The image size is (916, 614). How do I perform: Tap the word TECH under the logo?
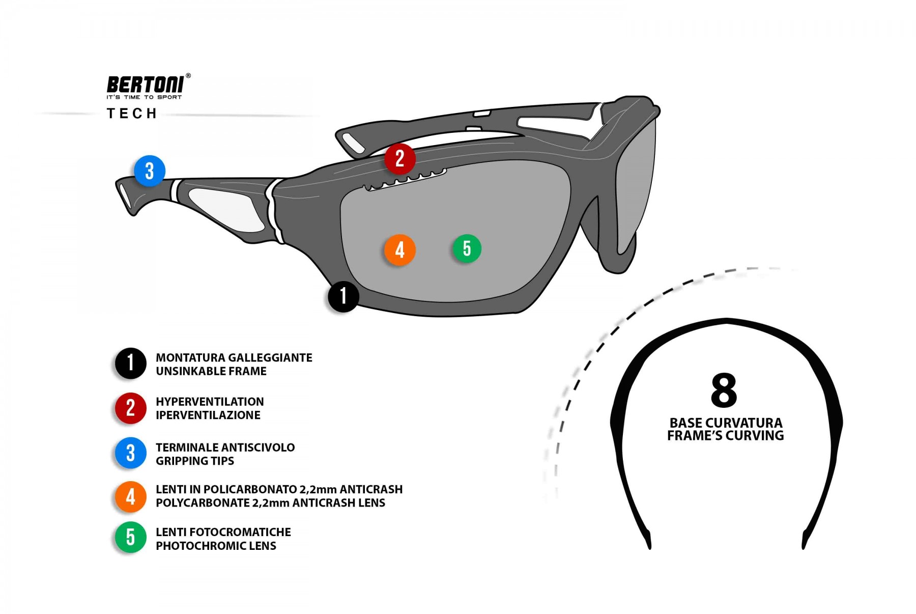click(x=132, y=114)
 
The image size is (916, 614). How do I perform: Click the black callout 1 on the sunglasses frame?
click(x=343, y=296)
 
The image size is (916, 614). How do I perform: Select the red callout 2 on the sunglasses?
click(x=399, y=158)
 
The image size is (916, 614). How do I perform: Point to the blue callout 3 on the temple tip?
click(x=149, y=171)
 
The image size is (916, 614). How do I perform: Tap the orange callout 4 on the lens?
click(x=399, y=250)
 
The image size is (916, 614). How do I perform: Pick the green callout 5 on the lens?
click(x=467, y=248)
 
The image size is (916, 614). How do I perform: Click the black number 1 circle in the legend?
click(x=130, y=363)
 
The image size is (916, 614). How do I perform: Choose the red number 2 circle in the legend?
click(x=130, y=408)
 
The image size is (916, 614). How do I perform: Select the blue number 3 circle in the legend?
click(x=130, y=453)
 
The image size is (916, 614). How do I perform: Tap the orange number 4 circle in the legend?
click(x=130, y=496)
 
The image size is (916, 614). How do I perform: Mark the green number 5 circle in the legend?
click(x=130, y=537)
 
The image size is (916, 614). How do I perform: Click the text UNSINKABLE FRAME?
click(x=211, y=371)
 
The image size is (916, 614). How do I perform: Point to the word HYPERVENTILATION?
click(x=210, y=402)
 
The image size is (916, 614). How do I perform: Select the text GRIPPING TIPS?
click(x=195, y=461)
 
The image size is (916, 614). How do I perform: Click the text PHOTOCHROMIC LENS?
click(x=216, y=546)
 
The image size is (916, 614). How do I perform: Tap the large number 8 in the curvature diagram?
click(x=724, y=390)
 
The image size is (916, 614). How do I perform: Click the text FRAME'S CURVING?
click(x=725, y=436)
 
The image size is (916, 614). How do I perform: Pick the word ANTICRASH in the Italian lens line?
click(x=371, y=489)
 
